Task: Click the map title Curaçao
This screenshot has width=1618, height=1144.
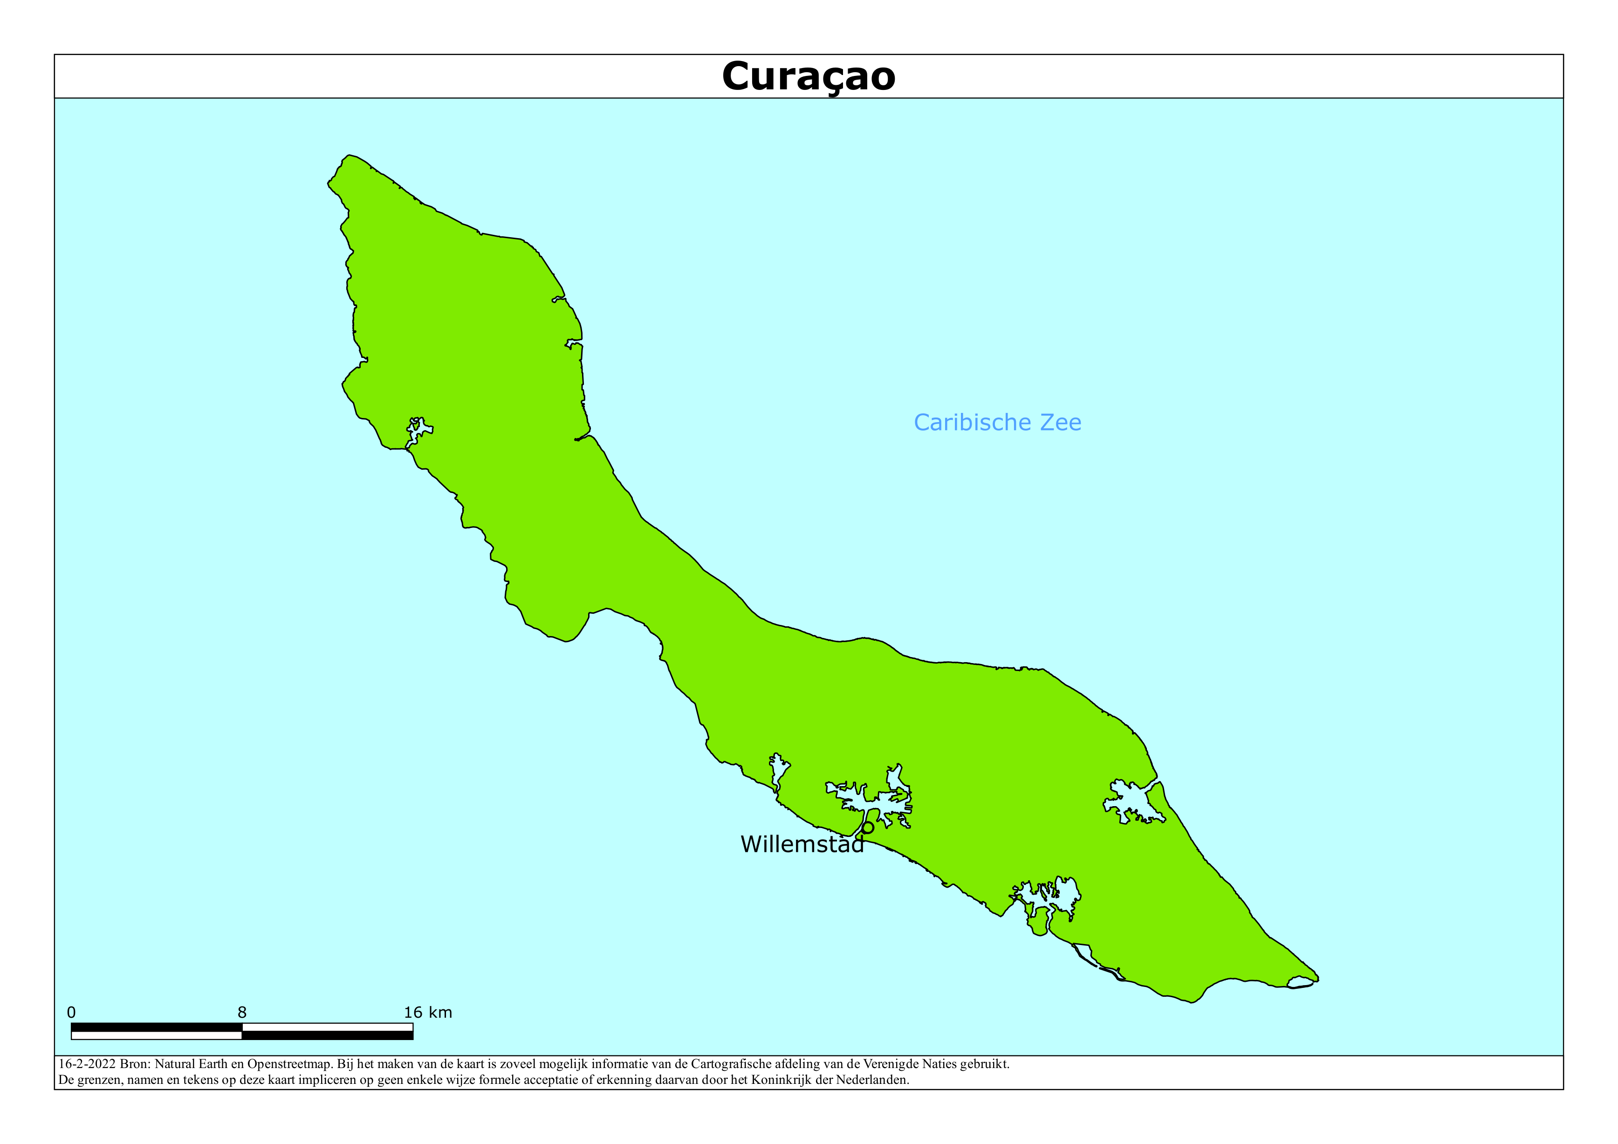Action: click(808, 76)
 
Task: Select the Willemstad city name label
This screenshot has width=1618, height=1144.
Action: click(802, 844)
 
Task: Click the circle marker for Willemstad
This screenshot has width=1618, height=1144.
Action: click(868, 828)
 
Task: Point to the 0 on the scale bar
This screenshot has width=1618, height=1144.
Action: click(71, 1013)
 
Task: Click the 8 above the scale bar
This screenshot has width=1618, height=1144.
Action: click(242, 1013)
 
